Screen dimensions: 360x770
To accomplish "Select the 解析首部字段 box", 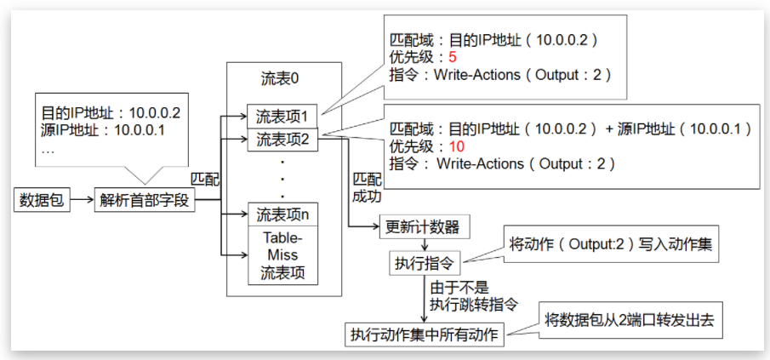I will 145,201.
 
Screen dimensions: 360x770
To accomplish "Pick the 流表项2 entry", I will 282,140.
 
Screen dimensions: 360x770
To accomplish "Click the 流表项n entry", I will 282,213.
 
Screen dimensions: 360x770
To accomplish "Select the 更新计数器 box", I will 422,227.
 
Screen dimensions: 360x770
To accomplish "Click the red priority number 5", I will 453,58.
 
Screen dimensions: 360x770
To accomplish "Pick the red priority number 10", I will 456,146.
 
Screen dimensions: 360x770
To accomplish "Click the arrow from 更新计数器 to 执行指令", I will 422,243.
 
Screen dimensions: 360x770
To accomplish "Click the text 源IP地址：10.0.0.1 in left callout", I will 103,129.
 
